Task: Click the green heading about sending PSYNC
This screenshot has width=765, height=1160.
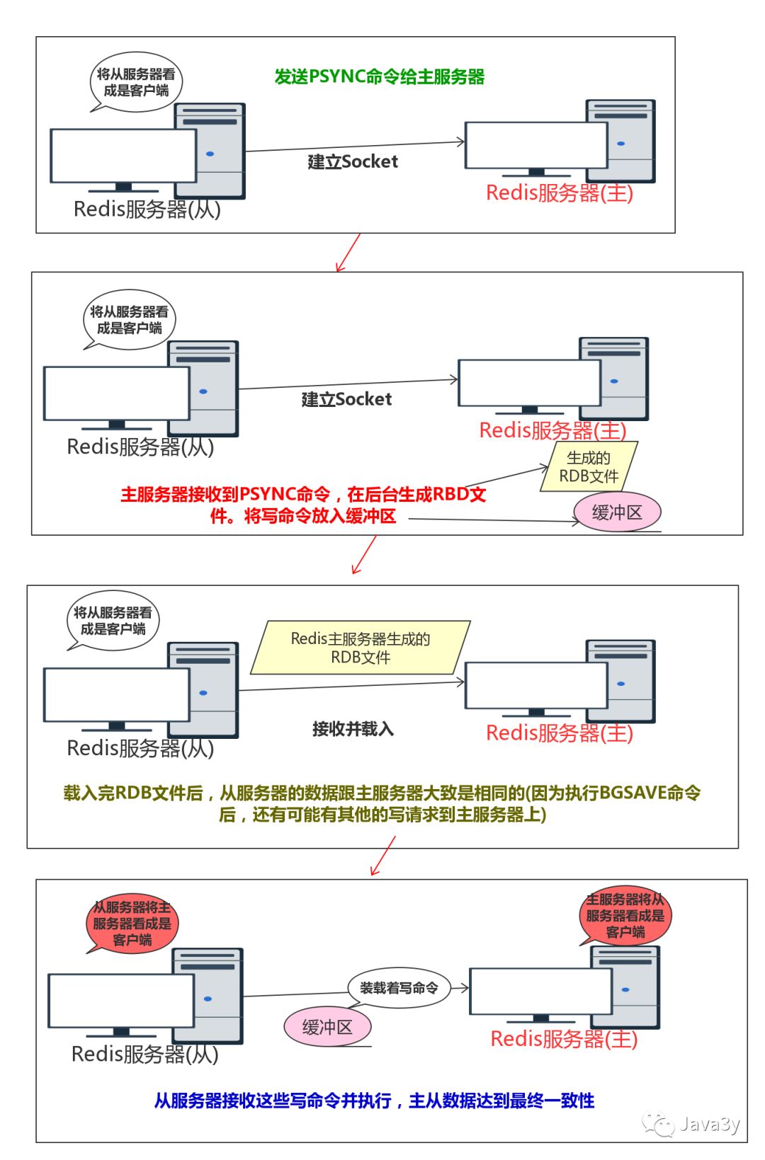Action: pos(379,76)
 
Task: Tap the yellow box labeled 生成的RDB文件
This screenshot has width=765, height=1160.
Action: pos(589,466)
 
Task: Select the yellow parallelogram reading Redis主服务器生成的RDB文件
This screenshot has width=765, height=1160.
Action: pos(361,648)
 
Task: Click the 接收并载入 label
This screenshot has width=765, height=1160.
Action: pos(353,728)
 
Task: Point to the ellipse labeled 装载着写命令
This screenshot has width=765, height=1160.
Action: pos(399,987)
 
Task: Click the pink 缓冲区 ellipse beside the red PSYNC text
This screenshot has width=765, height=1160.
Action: pos(617,512)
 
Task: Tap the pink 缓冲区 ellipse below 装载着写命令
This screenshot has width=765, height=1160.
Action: pos(327,1027)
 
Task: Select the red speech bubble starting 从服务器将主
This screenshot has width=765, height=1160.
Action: pos(132,923)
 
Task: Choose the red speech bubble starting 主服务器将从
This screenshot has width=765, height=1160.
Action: pos(625,916)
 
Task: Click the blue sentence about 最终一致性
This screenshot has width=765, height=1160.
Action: pos(374,1101)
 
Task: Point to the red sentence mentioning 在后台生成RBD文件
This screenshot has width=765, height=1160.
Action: pos(303,505)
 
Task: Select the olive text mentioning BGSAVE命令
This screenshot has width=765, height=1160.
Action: pos(382,803)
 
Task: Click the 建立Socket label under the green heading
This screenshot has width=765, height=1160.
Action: pos(353,162)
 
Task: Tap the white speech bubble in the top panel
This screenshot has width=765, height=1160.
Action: pos(136,81)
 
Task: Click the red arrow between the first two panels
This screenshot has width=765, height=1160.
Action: pos(348,253)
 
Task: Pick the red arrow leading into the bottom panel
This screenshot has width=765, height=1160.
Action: pos(383,856)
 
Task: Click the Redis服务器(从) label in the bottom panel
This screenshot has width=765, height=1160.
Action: pos(145,1054)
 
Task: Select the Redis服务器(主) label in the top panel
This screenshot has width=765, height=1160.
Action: pos(560,193)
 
